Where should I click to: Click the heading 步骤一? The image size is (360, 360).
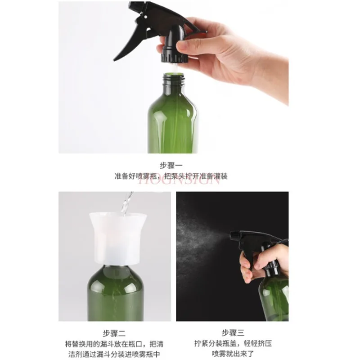pyautogui.click(x=173, y=165)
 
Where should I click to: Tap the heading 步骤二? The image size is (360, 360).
pyautogui.click(x=114, y=333)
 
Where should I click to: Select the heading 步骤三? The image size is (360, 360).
pyautogui.click(x=232, y=333)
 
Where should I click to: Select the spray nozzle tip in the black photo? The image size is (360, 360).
pyautogui.click(x=232, y=234)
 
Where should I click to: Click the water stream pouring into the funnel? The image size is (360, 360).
pyautogui.click(x=125, y=202)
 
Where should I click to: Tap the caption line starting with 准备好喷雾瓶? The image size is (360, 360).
pyautogui.click(x=171, y=176)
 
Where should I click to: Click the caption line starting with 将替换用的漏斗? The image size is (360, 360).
pyautogui.click(x=115, y=344)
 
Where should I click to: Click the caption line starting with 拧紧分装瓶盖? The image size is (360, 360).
pyautogui.click(x=232, y=344)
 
